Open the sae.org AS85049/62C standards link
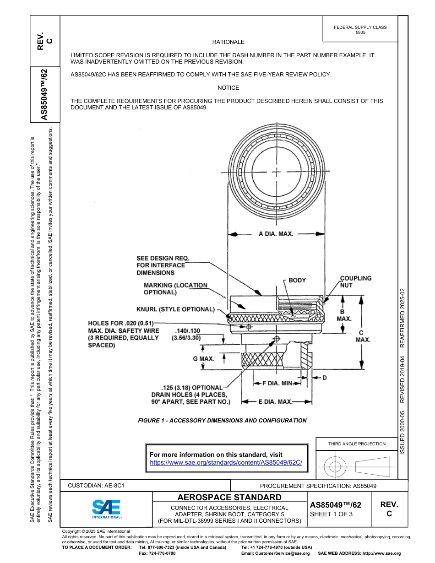coord(226,462)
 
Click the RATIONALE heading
coord(228,42)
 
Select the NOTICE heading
coord(228,88)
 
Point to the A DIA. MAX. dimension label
coord(276,234)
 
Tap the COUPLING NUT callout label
coord(355,281)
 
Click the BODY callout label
coord(297,280)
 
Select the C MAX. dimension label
coord(363,336)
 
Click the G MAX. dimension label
coord(203,359)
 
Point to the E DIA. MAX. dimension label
coord(275,402)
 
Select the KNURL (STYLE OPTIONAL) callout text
coord(175,309)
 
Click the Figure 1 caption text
coord(222,421)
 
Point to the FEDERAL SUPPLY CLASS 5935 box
coord(360,30)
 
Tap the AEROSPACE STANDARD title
coord(229,498)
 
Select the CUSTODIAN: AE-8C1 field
coord(96,485)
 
